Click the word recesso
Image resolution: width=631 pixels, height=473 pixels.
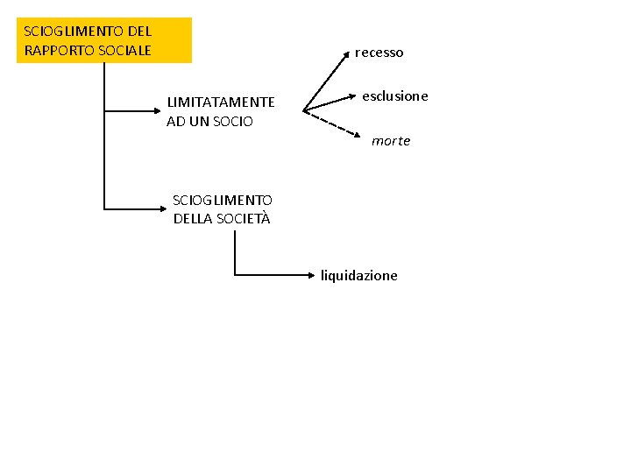pyautogui.click(x=379, y=53)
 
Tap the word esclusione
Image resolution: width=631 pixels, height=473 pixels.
pyautogui.click(x=395, y=96)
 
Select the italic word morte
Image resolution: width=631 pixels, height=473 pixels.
pyautogui.click(x=390, y=141)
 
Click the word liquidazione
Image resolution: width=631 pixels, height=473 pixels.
pyautogui.click(x=358, y=276)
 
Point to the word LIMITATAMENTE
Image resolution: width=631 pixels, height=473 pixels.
pyautogui.click(x=221, y=102)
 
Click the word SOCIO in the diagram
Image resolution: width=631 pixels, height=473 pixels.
pyautogui.click(x=234, y=122)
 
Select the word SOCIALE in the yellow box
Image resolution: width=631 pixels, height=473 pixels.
pyautogui.click(x=124, y=50)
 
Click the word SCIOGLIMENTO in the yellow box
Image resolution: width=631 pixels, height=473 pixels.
pyautogui.click(x=74, y=32)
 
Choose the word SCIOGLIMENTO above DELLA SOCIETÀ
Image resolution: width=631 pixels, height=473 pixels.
pyautogui.click(x=223, y=201)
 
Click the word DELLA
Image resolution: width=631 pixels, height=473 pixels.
pyautogui.click(x=191, y=219)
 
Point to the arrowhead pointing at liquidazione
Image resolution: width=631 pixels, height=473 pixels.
pyautogui.click(x=315, y=275)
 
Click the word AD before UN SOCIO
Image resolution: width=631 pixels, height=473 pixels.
pyautogui.click(x=176, y=122)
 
